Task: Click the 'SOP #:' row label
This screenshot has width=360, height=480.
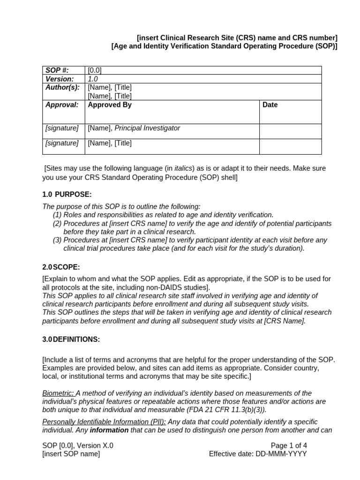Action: [x=57, y=70]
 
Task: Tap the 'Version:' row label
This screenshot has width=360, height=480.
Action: [x=60, y=79]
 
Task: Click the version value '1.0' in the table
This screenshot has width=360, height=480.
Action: [x=93, y=79]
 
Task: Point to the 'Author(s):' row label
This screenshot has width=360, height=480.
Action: [x=62, y=87]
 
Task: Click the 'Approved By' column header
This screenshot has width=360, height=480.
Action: [x=110, y=105]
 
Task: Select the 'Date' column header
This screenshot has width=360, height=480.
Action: [x=270, y=105]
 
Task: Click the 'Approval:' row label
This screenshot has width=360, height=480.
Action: [x=62, y=105]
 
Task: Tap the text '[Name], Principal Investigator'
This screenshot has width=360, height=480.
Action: [x=134, y=128]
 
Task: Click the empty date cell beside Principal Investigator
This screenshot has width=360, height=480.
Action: [x=290, y=131]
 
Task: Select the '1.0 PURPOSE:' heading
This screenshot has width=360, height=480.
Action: [x=67, y=194]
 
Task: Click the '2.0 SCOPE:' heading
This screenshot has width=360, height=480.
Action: [x=61, y=267]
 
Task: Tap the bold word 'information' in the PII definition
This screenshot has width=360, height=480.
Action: [x=109, y=430]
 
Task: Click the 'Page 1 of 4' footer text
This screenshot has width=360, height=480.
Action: [x=289, y=445]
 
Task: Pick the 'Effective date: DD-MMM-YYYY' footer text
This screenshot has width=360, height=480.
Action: [x=258, y=454]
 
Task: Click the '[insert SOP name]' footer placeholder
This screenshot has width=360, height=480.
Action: [x=71, y=454]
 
